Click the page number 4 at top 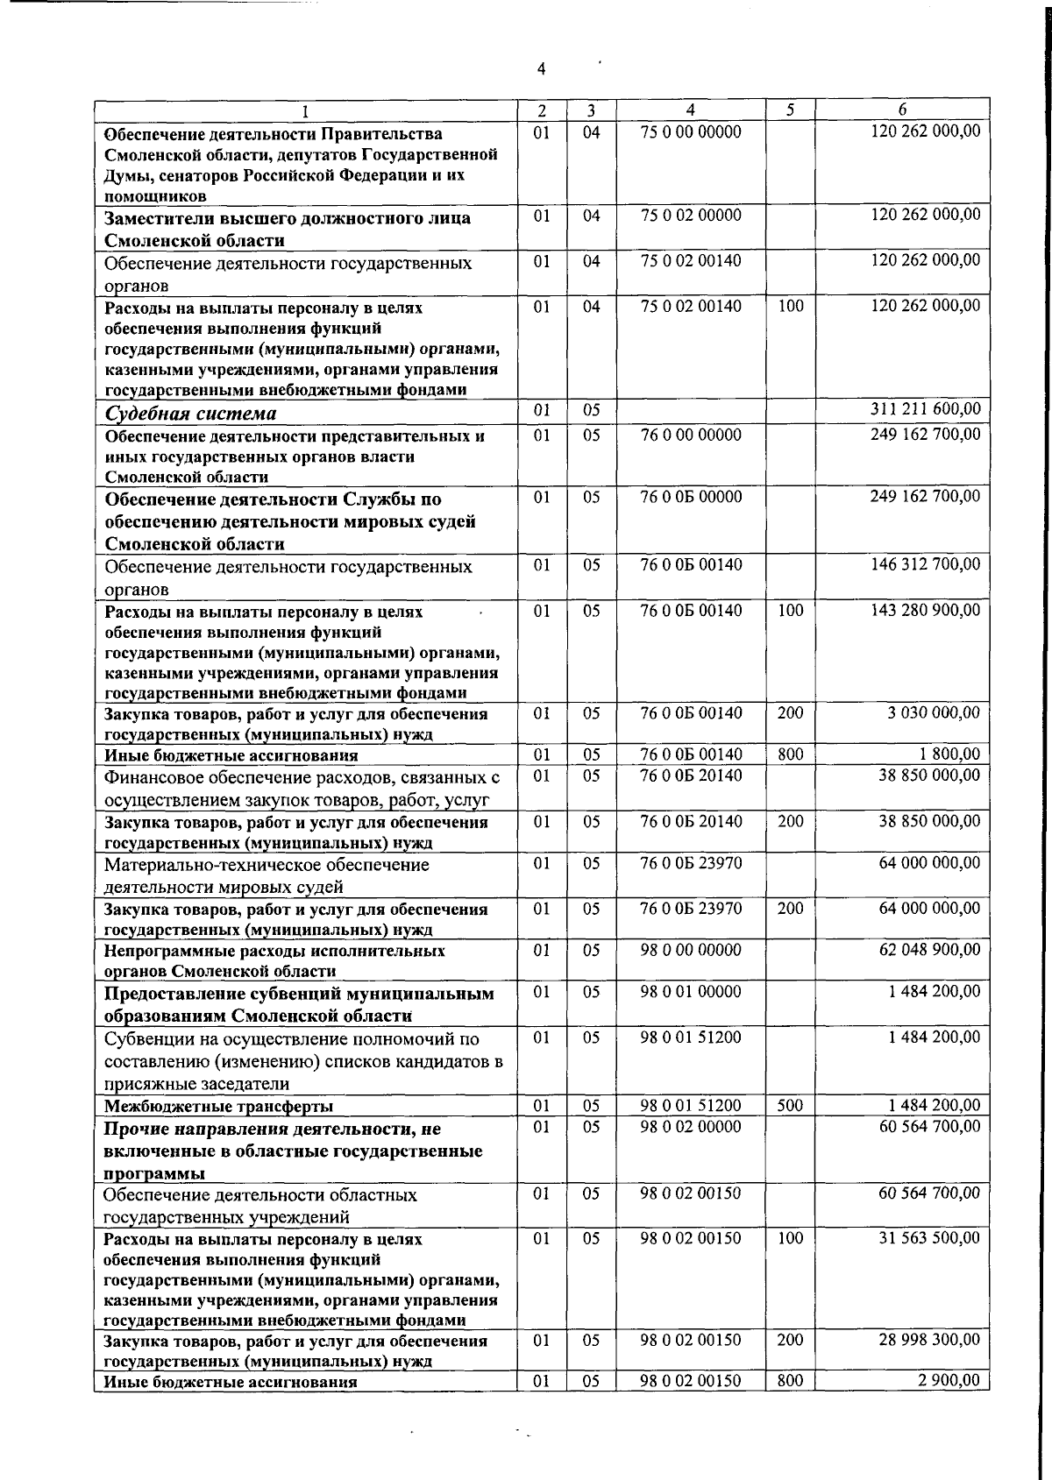[x=541, y=69]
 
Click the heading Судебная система [x=191, y=414]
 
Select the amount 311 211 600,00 [x=925, y=409]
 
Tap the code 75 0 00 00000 [x=691, y=132]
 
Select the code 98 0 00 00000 [x=691, y=950]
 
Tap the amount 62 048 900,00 [x=929, y=950]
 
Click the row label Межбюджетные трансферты [x=218, y=1106]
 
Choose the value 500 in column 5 [x=790, y=1106]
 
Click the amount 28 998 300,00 [x=929, y=1341]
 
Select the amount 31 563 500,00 [x=929, y=1238]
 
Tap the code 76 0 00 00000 [x=691, y=436]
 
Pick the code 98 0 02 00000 [x=691, y=1127]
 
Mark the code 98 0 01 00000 [x=691, y=992]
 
